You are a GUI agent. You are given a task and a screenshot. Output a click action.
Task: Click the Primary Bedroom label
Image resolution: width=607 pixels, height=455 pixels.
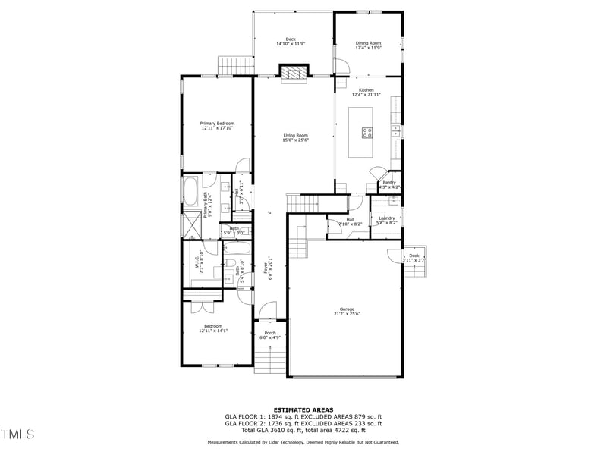point(217,124)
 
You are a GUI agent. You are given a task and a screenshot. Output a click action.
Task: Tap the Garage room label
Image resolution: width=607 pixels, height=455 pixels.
point(347,309)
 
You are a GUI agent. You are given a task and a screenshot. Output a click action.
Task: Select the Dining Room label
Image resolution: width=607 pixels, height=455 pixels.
point(368,43)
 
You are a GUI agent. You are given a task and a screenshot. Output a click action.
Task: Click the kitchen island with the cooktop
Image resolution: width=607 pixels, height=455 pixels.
point(362,132)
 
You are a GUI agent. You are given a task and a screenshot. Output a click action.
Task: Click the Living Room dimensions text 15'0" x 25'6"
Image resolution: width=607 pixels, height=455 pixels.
point(295,140)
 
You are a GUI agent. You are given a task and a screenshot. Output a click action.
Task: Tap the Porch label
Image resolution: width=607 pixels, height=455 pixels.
point(270,333)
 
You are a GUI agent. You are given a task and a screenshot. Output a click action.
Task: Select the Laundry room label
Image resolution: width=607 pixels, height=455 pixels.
point(387,218)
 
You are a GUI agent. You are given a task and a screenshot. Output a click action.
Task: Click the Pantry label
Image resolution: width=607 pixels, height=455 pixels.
point(389,182)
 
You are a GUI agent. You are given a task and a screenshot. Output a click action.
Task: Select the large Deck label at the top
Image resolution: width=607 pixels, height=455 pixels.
point(290,39)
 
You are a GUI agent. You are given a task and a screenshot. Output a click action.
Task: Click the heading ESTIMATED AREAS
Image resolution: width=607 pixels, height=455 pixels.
point(303,409)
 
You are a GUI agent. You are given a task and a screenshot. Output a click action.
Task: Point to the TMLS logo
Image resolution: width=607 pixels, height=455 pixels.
point(18,435)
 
